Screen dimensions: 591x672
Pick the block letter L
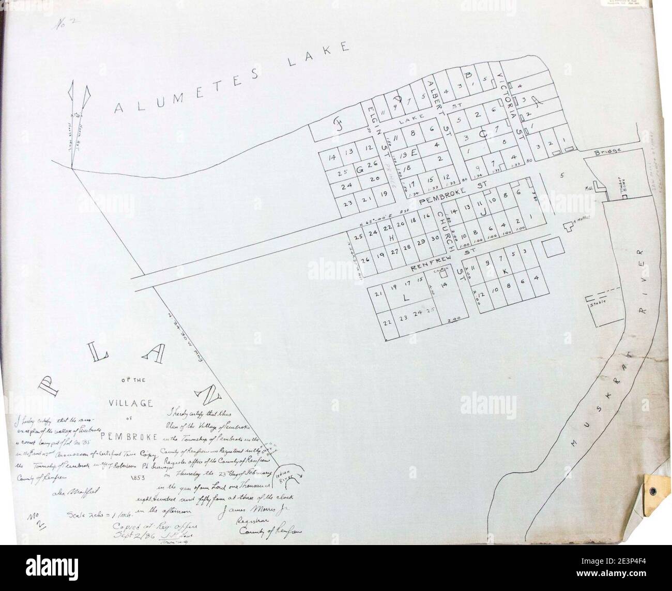406,299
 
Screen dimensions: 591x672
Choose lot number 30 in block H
435,238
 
